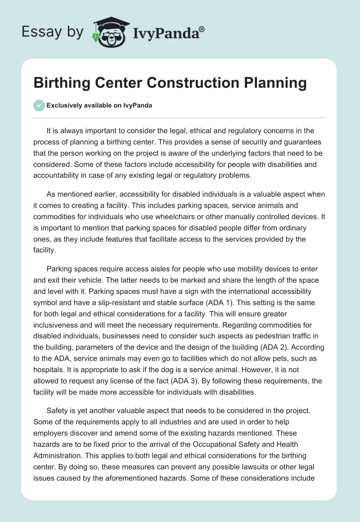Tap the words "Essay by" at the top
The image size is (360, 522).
click(52, 32)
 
